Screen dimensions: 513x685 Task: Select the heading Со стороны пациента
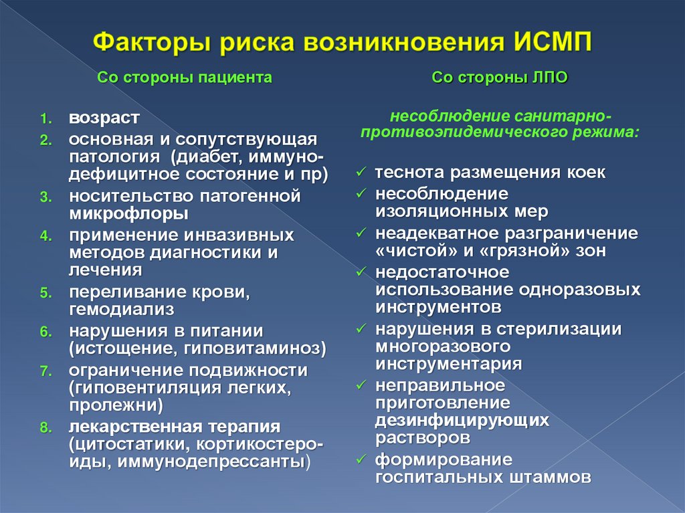tap(185, 78)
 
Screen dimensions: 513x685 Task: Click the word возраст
tap(104, 118)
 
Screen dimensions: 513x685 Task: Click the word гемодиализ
tap(121, 309)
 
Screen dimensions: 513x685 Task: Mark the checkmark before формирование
tap(361, 461)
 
